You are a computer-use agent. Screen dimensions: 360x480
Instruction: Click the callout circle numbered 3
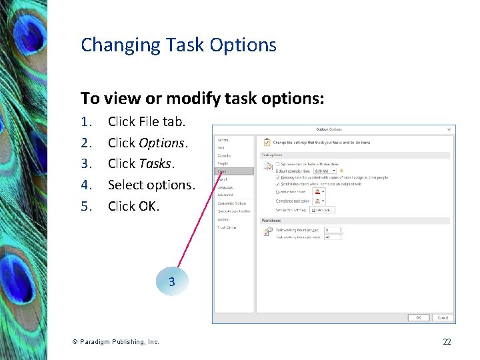coord(172,282)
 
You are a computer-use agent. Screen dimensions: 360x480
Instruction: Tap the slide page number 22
coord(447,341)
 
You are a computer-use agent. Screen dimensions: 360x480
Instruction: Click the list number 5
coord(85,206)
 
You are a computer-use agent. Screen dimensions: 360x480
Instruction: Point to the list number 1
coord(85,121)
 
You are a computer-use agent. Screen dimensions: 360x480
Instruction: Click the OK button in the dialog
coord(419,317)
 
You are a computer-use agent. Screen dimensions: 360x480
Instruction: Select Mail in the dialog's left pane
coord(221,147)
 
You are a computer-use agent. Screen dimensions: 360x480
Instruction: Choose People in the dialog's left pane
coord(222,163)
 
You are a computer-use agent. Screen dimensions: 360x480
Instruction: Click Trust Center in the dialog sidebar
coord(226,227)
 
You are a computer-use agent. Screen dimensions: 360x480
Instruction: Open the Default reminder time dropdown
coord(325,171)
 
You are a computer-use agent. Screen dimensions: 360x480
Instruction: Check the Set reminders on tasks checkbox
coord(277,164)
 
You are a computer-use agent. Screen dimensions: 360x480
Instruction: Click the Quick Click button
coord(321,209)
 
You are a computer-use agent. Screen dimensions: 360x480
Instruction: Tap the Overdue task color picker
coord(319,191)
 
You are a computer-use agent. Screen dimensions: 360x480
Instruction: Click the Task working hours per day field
coord(331,230)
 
